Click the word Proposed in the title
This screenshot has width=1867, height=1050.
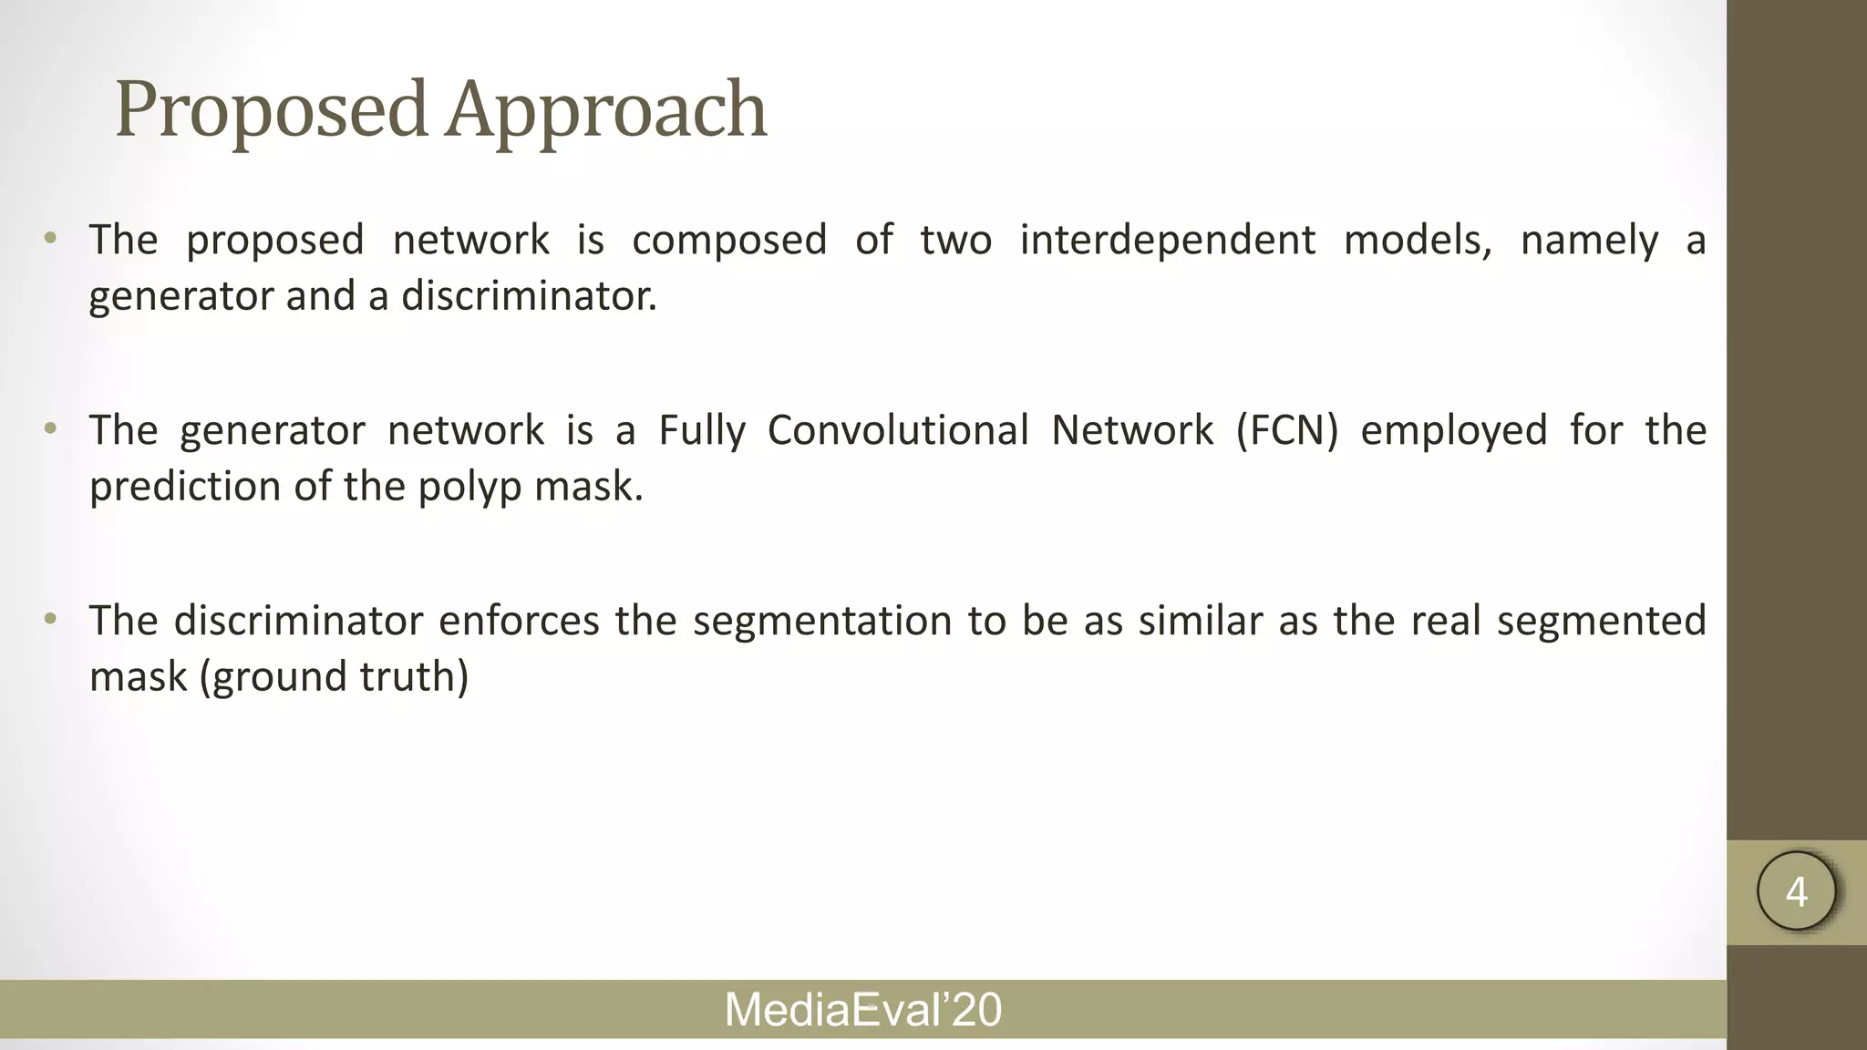[271, 110]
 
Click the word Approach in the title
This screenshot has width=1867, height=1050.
[606, 110]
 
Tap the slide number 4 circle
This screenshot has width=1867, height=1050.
[1796, 891]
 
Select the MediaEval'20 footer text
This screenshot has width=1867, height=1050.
[862, 1010]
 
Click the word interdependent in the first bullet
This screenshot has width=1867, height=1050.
[1167, 241]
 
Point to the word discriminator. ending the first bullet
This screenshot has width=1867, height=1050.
[529, 296]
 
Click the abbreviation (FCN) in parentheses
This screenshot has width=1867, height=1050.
[1286, 430]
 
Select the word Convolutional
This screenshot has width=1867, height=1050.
[897, 430]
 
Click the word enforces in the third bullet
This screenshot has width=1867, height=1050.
[519, 621]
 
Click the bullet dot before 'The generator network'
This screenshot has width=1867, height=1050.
[50, 429]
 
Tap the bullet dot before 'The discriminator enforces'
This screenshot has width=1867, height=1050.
[50, 620]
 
